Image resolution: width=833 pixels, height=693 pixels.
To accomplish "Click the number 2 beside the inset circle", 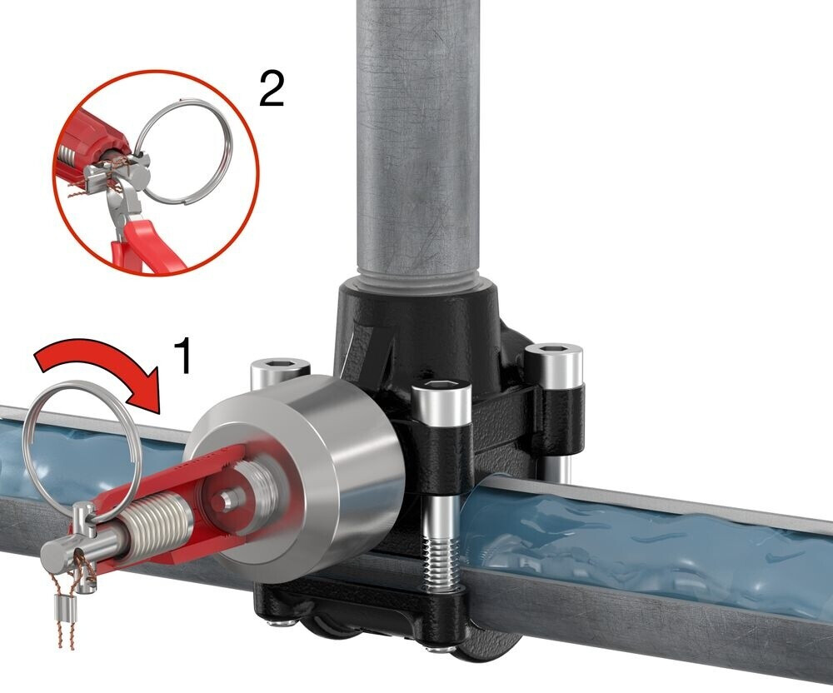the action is tap(272, 89).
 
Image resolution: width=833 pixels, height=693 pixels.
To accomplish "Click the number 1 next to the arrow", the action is tap(182, 356).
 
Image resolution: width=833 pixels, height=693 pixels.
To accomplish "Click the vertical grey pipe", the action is tap(417, 138).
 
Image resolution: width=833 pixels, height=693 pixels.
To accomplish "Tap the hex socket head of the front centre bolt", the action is tap(441, 393).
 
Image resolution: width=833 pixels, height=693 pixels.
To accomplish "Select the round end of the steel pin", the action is tap(58, 556).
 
